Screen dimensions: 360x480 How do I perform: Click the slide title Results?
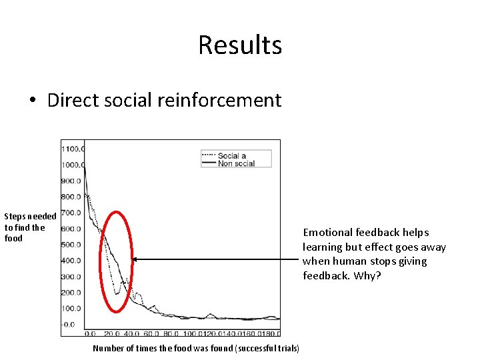[x=240, y=45]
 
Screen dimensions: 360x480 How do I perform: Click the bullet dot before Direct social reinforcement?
[x=32, y=101]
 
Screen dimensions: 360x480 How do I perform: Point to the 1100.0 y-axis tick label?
[x=72, y=149]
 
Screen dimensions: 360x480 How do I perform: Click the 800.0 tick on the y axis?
[x=72, y=197]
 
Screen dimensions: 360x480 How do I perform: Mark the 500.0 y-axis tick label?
[x=72, y=245]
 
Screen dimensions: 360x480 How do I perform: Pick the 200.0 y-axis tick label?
[x=72, y=293]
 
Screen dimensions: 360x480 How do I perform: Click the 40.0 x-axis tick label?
[x=132, y=333]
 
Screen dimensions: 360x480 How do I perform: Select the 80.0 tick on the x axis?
[x=172, y=333]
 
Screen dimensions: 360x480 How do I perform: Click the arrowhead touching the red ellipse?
[x=134, y=259]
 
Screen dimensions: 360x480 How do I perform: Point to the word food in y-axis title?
[x=13, y=238]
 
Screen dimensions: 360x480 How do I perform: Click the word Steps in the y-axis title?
[x=15, y=217]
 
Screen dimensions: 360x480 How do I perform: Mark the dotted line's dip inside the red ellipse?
[x=117, y=293]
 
